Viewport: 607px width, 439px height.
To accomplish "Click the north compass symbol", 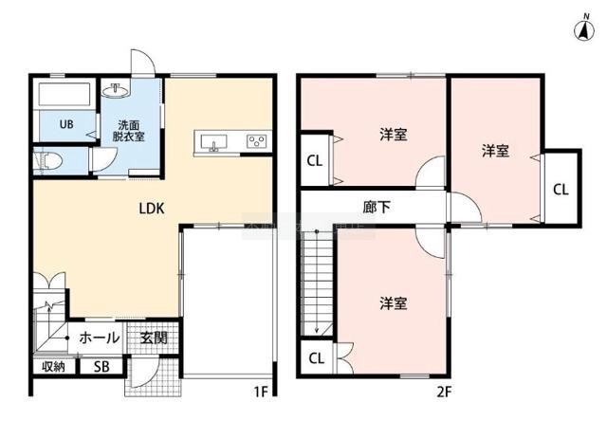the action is click(585, 28).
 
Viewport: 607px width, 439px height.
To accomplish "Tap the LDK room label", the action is click(152, 209).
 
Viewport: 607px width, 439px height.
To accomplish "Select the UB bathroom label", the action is click(66, 124).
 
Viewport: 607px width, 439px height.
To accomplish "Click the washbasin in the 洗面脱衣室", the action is click(116, 91).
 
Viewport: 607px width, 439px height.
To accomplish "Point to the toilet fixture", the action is click(47, 160).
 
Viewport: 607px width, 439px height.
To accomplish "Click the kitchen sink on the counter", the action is click(213, 142).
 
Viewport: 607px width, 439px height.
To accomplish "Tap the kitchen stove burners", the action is click(257, 141).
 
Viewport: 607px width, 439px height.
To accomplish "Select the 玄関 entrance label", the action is click(154, 338).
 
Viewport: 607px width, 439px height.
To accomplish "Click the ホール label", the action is click(99, 338).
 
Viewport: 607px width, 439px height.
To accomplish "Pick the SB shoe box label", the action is click(101, 367).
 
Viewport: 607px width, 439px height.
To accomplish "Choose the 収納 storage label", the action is click(53, 366).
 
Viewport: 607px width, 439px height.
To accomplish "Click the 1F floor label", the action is click(261, 393).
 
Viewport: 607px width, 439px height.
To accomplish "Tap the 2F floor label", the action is click(444, 393).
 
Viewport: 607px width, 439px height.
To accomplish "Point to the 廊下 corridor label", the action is click(377, 207).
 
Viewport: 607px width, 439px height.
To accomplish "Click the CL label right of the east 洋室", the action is click(561, 190).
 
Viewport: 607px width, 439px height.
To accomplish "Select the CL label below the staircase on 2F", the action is click(316, 358).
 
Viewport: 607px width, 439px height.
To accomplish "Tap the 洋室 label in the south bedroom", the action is click(394, 303).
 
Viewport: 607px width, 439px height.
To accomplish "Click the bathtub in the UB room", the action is click(64, 93).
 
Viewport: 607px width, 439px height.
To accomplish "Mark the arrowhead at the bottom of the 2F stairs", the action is click(317, 330).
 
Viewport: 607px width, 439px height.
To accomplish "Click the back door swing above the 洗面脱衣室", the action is click(142, 62).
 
